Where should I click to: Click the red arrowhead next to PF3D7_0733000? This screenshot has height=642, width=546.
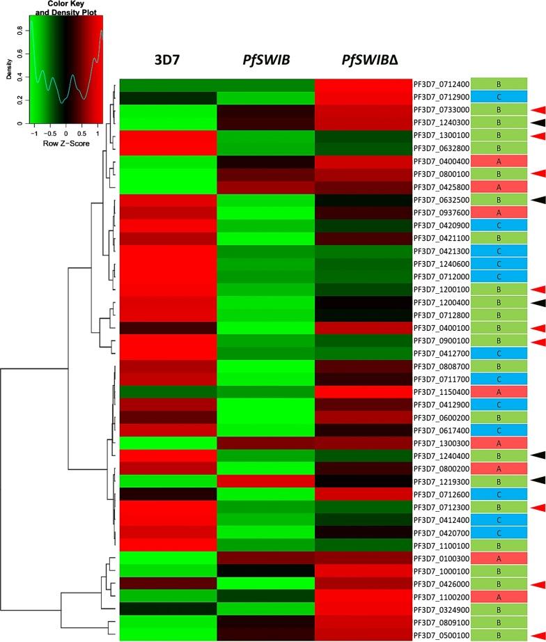(x=536, y=109)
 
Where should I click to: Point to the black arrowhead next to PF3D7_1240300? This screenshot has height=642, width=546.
(x=536, y=123)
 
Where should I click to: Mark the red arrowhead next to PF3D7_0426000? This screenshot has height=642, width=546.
(x=536, y=584)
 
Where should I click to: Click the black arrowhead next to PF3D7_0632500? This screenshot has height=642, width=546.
(x=536, y=199)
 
